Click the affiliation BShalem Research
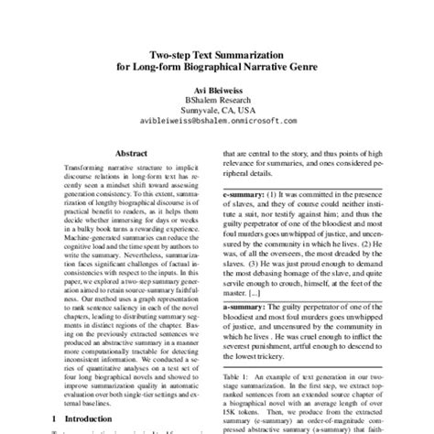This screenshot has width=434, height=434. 217,106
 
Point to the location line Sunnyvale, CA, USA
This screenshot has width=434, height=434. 217,118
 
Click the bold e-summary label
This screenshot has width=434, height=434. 246,196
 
